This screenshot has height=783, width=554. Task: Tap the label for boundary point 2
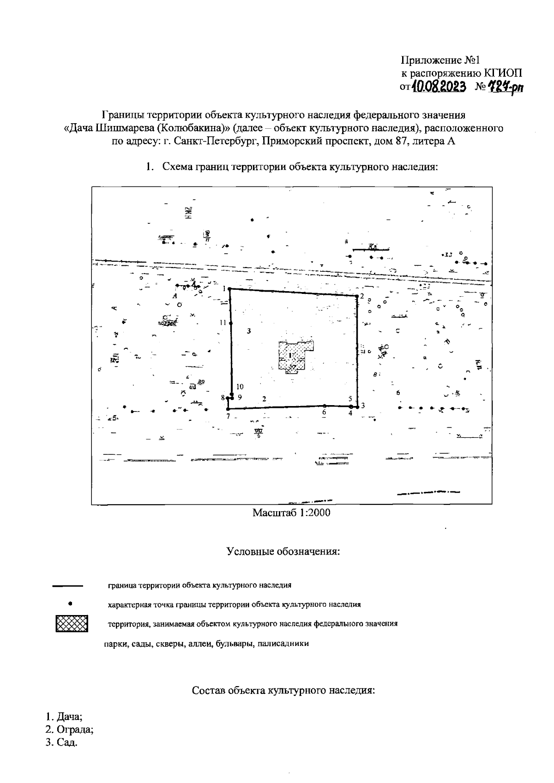coord(362,296)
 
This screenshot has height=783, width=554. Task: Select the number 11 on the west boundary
coord(223,323)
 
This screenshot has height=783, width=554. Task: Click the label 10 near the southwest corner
coord(240,387)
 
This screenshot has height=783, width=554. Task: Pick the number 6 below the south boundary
coord(324,412)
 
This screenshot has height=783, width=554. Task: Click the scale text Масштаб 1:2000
coord(291,513)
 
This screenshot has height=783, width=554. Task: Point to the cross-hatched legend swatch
coord(71,624)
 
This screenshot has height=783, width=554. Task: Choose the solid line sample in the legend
coord(67,586)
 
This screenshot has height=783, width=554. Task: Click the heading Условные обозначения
coord(283,551)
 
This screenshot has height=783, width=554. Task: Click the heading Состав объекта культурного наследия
coord(283,691)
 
